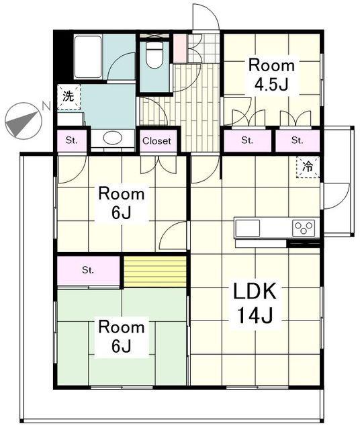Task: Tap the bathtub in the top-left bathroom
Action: point(88,56)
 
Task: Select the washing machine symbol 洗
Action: point(69,97)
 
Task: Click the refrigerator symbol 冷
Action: point(308,167)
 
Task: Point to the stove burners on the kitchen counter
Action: point(304,228)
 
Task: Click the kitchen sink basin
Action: point(248,228)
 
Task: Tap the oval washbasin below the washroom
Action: point(113,138)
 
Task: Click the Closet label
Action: point(157,141)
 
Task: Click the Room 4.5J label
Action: point(271,75)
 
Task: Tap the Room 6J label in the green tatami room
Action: point(121,336)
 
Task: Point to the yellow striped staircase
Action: point(155,271)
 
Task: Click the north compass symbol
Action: point(24,121)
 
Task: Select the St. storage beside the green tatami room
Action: point(88,270)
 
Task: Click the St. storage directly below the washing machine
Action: point(72,140)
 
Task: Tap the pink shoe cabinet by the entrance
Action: point(180,48)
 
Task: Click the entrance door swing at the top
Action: point(206,17)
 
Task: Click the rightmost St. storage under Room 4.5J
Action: point(298,140)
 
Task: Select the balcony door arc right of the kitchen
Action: point(336,196)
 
